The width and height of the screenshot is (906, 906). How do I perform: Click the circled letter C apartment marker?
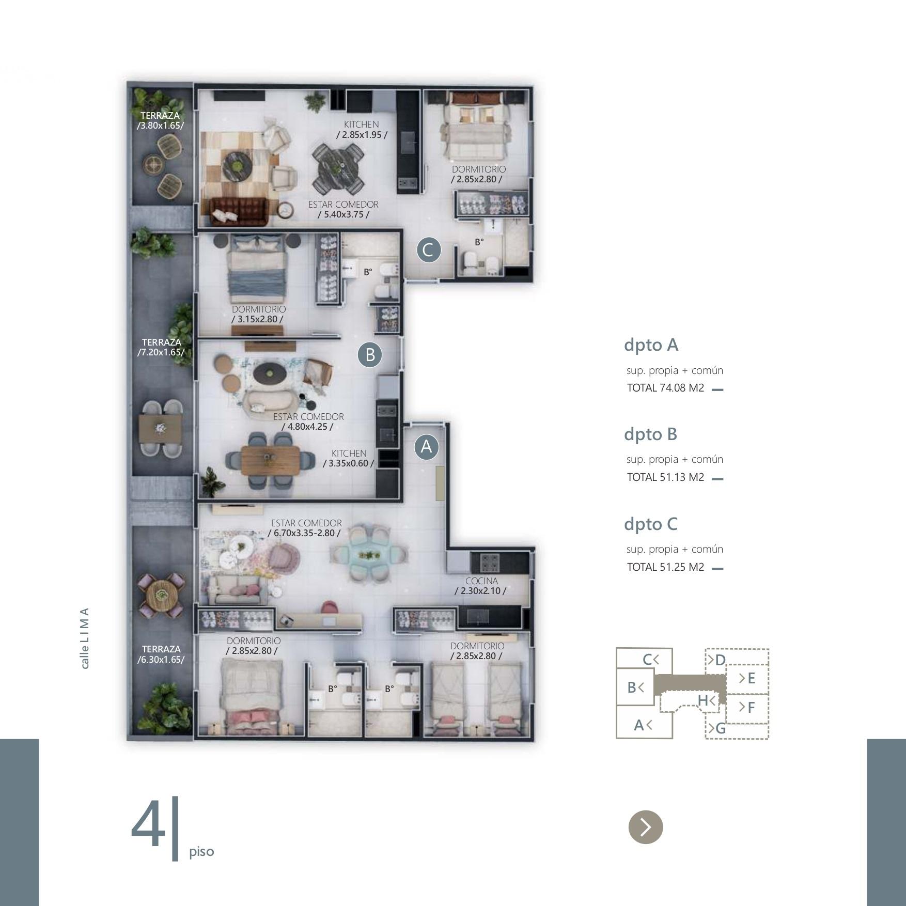coord(429,250)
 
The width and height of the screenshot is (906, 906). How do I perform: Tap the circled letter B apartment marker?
coord(370,355)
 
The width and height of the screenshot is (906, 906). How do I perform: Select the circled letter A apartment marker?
coord(426,446)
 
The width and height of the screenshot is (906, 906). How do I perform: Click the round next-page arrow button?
coord(645,827)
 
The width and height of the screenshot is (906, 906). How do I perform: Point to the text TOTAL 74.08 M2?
coord(665,388)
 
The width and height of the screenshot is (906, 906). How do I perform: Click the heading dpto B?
coord(650,434)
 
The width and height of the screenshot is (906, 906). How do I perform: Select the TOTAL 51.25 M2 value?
coord(665,567)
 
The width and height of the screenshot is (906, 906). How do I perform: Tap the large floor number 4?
coord(148,825)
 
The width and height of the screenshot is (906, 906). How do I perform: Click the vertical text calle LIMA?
coord(85,637)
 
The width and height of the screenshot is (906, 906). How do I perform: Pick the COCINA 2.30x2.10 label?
coord(481,586)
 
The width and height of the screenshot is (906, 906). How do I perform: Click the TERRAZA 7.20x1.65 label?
coord(161,347)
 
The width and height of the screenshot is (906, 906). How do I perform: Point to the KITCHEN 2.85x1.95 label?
coord(362,129)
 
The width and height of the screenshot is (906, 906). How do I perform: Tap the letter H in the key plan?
coord(703,700)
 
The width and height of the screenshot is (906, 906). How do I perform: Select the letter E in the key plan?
coord(751,678)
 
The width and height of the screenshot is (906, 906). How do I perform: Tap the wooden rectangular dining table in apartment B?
coord(270,459)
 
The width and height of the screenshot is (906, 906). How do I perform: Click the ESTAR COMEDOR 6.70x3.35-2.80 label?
coord(305,528)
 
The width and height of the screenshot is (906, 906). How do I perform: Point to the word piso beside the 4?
coord(201,852)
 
